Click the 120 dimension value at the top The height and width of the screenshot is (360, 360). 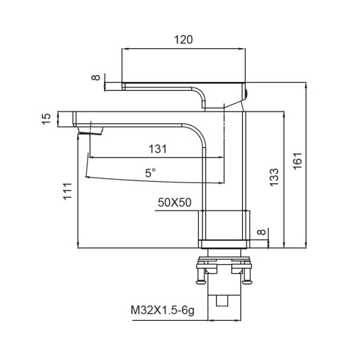[x=182, y=40]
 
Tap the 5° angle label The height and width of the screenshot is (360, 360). [x=150, y=174]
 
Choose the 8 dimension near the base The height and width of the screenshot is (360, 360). [x=261, y=233]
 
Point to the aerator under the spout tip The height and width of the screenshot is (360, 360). [x=90, y=129]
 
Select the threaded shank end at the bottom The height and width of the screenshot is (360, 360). [x=223, y=301]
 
